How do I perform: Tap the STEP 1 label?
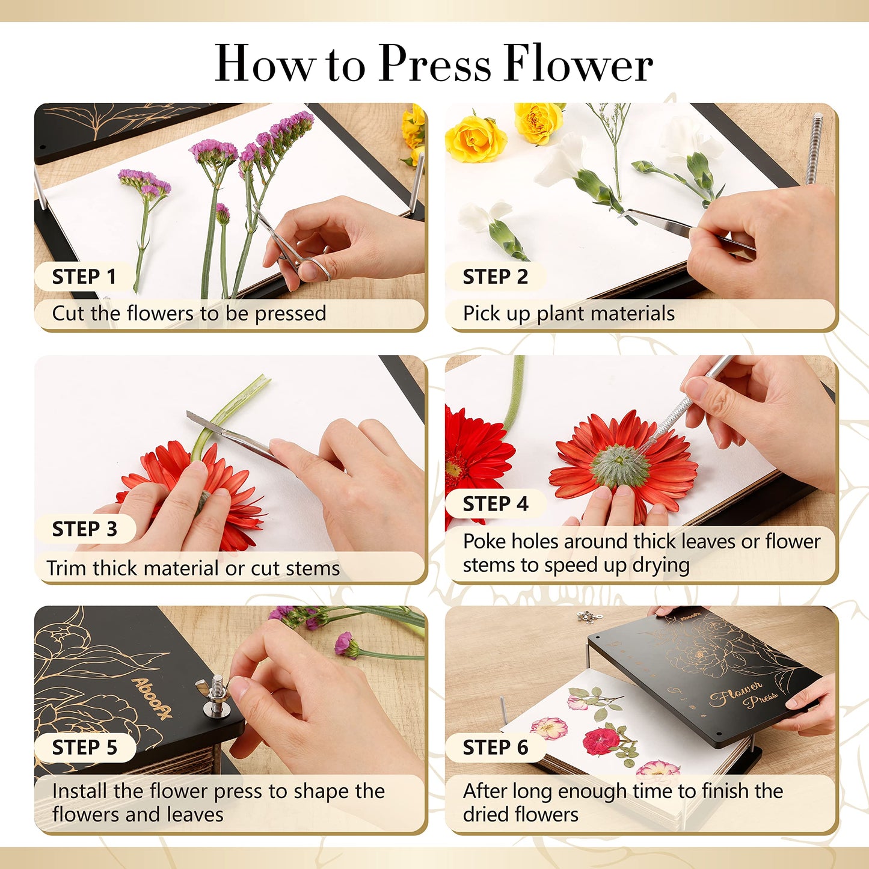pos(84,277)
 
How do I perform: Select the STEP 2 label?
pos(495,277)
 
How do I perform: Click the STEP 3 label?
pos(84,529)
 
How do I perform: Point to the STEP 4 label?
pos(495,504)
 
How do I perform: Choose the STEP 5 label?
pos(84,748)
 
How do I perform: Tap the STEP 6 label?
pos(495,748)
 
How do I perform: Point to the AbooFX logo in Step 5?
pos(152,698)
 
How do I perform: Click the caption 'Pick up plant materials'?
pos(568,314)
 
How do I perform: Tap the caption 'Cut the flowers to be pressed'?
pos(189,314)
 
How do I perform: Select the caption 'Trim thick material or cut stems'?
pos(193,568)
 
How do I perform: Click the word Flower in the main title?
pos(579,64)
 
